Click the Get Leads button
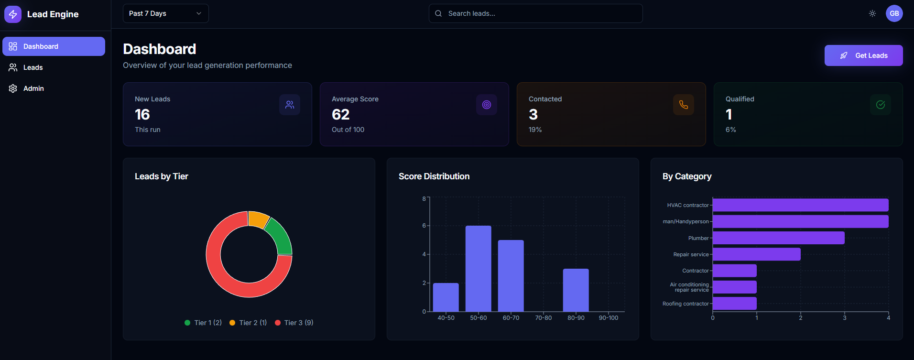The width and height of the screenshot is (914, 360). (x=863, y=55)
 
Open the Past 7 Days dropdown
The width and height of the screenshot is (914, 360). (x=165, y=13)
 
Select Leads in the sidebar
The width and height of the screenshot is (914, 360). (x=33, y=67)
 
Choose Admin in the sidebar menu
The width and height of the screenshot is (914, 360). (x=33, y=88)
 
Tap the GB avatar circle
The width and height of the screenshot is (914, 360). (x=894, y=13)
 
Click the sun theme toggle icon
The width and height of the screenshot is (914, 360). (x=872, y=13)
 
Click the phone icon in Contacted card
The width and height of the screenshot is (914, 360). (x=683, y=105)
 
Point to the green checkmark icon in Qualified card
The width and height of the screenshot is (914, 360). (x=880, y=105)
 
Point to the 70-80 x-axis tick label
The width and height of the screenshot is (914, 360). (x=543, y=318)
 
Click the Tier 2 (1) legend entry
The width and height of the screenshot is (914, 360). (x=248, y=323)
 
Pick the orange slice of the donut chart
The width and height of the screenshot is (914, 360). (x=258, y=218)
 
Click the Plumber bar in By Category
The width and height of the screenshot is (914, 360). (x=778, y=238)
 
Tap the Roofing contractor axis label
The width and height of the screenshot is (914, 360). (x=685, y=304)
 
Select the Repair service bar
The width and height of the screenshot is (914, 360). (x=756, y=254)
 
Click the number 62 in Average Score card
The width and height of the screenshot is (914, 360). (x=340, y=115)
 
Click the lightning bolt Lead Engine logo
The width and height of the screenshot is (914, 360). (x=13, y=14)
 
